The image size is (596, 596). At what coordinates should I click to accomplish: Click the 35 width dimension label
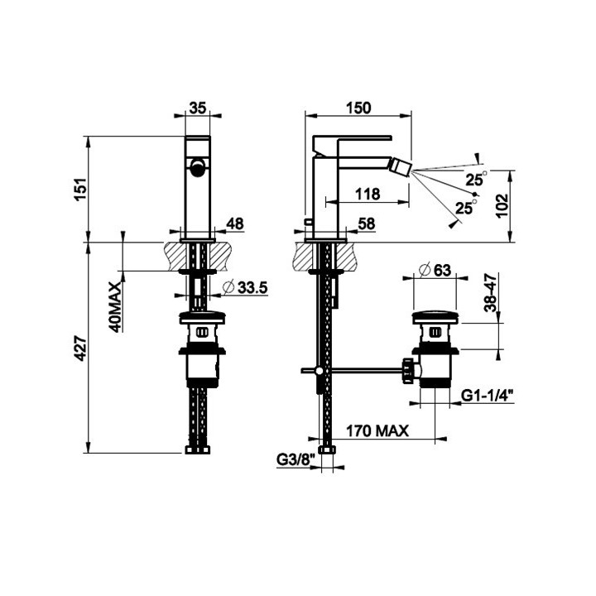[198, 108]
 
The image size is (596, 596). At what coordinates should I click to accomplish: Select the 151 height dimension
[80, 190]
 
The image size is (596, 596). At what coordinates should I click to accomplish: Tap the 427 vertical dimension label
[80, 348]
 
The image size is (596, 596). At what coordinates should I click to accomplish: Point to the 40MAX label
[116, 307]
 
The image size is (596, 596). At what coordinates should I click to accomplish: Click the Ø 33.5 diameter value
[245, 288]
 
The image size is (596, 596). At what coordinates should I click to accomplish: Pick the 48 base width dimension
[235, 223]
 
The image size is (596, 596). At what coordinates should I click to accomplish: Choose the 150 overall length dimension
[358, 108]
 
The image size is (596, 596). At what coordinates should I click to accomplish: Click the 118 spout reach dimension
[368, 195]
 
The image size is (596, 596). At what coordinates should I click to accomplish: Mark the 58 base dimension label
[367, 223]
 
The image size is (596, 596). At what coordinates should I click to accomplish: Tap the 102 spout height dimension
[502, 205]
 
